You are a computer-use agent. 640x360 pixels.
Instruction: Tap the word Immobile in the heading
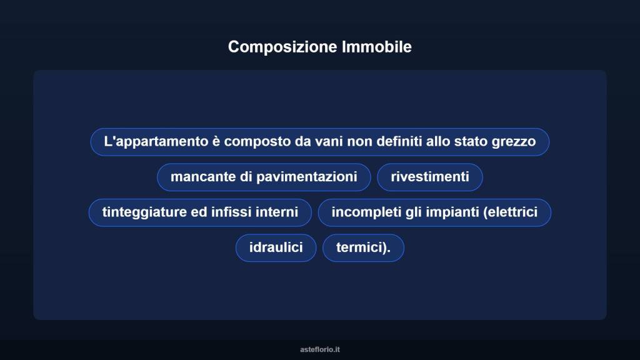point(377,47)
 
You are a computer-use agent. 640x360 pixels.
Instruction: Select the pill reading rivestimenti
point(430,177)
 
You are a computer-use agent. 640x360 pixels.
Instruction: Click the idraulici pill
point(276,247)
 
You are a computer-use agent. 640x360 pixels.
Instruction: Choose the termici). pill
point(363,247)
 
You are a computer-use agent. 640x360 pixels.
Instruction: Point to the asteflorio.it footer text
point(320,349)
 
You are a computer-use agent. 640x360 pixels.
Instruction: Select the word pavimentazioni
point(307,177)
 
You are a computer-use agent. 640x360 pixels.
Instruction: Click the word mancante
point(202,177)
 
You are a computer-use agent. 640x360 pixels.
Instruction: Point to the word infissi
point(232,212)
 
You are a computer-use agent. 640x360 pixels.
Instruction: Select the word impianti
point(452,212)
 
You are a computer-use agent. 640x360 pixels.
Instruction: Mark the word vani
point(329,141)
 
